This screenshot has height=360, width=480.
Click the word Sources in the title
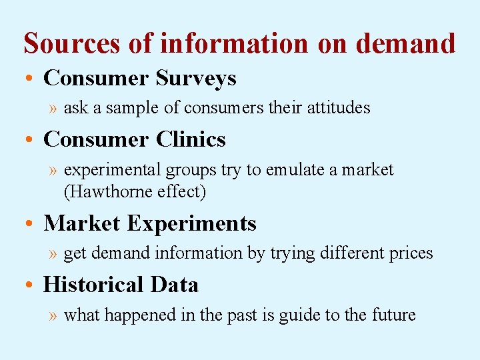71,43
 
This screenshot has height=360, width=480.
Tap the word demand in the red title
406,43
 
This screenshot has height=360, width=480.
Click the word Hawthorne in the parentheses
113,192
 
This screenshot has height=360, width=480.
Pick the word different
347,253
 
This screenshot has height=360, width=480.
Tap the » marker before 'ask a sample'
53,108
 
